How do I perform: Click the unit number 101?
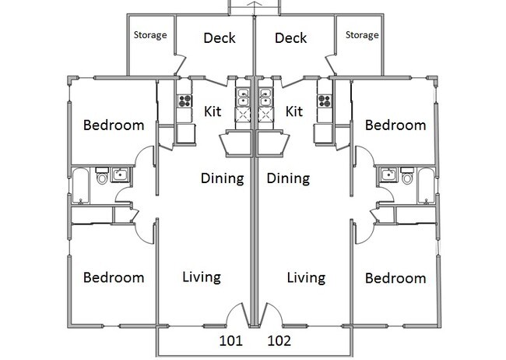click(x=230, y=341)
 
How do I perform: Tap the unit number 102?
click(x=279, y=341)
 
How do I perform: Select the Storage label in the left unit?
click(x=150, y=35)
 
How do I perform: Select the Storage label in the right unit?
click(x=362, y=35)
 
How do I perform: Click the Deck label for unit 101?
click(x=220, y=38)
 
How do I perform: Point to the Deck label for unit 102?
click(x=290, y=38)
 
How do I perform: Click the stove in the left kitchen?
click(x=185, y=101)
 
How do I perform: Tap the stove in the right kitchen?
click(x=325, y=101)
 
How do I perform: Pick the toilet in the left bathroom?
click(x=102, y=175)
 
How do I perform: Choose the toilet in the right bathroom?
click(x=407, y=175)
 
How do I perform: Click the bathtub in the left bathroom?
click(x=80, y=185)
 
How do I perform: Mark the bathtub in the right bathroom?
click(x=427, y=185)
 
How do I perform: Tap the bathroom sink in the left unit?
click(x=120, y=175)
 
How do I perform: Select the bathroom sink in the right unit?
click(x=389, y=175)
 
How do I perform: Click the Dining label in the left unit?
click(x=223, y=178)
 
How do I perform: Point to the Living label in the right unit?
click(x=306, y=278)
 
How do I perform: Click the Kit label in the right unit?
click(x=294, y=111)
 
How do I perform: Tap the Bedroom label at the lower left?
click(x=114, y=278)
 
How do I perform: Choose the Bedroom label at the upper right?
click(x=395, y=125)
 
